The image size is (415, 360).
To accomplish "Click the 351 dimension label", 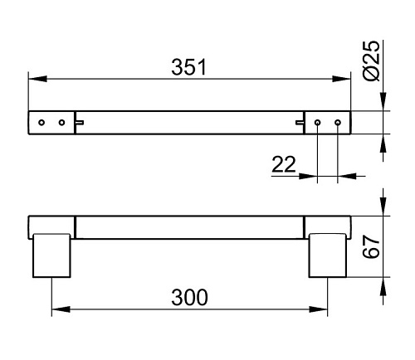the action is [x=189, y=67].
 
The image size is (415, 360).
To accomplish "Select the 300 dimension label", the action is [x=189, y=298].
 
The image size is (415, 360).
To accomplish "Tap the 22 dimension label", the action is [x=284, y=164].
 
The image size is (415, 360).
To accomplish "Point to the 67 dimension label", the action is [x=371, y=246].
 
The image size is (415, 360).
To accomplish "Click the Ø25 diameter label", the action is [x=371, y=61].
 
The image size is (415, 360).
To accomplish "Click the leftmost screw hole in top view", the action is [x=41, y=123].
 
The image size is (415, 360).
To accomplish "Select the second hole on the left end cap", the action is [x=62, y=123].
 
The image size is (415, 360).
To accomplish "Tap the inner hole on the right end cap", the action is [x=318, y=122].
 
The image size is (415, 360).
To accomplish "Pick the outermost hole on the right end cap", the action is [x=338, y=122].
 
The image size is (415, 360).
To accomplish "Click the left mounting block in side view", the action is [x=51, y=255].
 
